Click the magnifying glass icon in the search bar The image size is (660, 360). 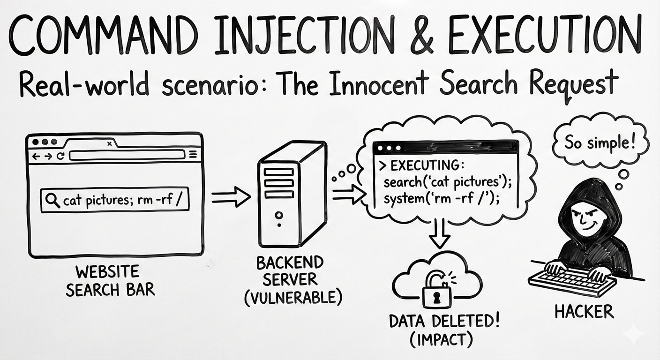pyautogui.click(x=52, y=201)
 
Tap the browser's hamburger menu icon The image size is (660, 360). pyautogui.click(x=193, y=155)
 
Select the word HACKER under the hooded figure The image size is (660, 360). pyautogui.click(x=584, y=311)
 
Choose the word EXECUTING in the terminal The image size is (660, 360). pyautogui.click(x=424, y=166)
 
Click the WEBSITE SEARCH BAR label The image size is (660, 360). pyautogui.click(x=110, y=280)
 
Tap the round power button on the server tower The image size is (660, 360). pyautogui.click(x=279, y=215)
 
